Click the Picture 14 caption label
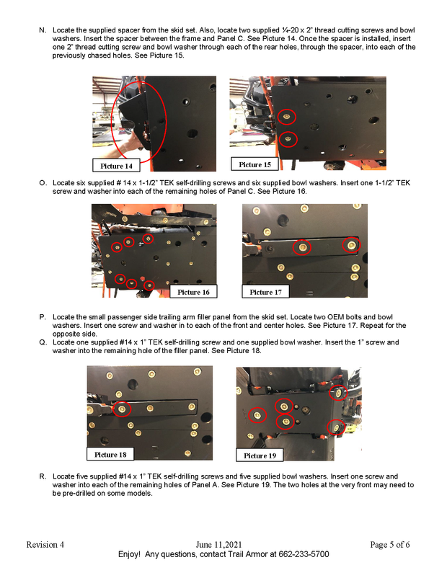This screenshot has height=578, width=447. [116, 166]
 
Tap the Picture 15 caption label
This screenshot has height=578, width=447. [255, 164]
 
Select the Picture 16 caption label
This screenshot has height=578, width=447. [193, 292]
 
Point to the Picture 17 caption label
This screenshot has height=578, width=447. [265, 292]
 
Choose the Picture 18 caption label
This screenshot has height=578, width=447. [110, 455]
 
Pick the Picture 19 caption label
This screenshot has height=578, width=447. [260, 455]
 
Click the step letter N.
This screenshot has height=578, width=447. [43, 30]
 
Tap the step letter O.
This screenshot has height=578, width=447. [43, 183]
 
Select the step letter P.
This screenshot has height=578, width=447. [43, 317]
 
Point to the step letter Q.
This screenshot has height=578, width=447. [43, 342]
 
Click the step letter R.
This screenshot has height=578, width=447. [43, 476]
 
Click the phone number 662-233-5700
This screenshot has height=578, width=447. [304, 554]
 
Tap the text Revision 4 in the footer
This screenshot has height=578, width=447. [45, 544]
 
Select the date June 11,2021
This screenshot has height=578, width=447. [218, 544]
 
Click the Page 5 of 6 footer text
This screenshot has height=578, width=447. [390, 544]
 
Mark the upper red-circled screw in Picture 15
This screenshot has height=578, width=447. [287, 117]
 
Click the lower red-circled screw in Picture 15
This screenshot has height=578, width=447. [288, 139]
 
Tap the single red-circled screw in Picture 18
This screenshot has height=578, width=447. [122, 409]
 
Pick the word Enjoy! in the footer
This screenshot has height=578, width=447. [129, 554]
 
